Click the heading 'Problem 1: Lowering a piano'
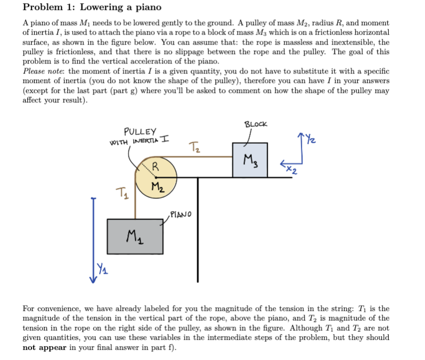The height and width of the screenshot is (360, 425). tap(92, 8)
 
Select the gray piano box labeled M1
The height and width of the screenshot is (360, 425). tap(134, 236)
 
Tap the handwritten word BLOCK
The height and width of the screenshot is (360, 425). tap(256, 124)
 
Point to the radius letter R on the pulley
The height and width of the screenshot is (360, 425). tap(154, 167)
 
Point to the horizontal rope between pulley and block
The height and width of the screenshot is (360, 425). tap(199, 156)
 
